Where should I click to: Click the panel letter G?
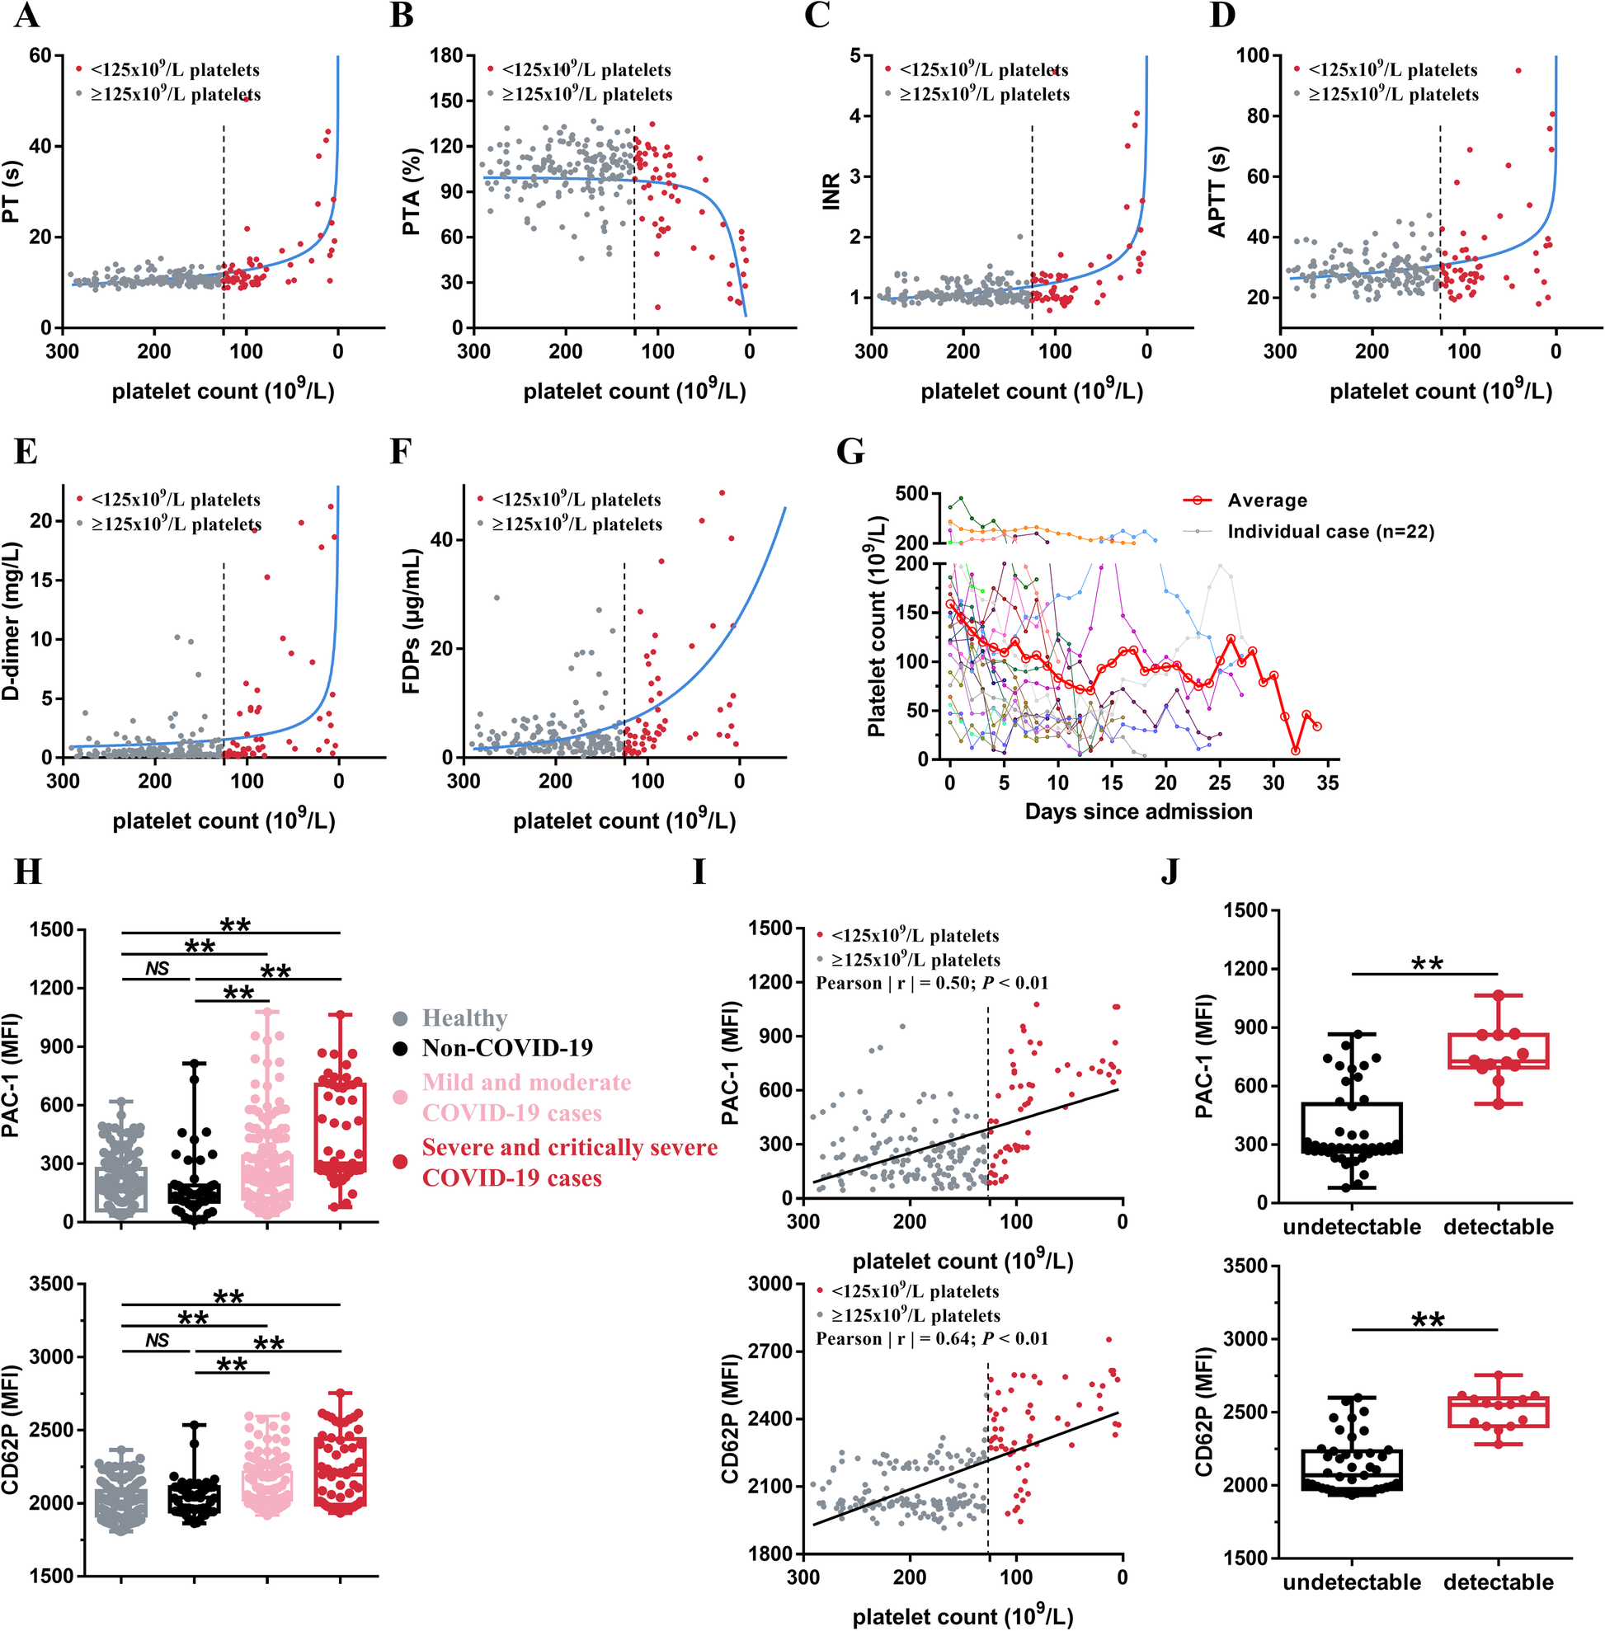pyautogui.click(x=850, y=453)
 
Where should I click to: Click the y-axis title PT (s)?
pyautogui.click(x=12, y=192)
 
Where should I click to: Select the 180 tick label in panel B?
pyautogui.click(x=447, y=55)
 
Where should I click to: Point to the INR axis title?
pyautogui.click(x=831, y=191)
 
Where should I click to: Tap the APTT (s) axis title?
pyautogui.click(x=1217, y=192)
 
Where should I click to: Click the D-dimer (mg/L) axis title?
pyautogui.click(x=12, y=622)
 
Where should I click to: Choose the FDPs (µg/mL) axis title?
pyautogui.click(x=412, y=621)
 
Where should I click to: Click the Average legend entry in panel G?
pyautogui.click(x=1266, y=501)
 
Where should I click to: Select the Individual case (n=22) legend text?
pyautogui.click(x=1330, y=532)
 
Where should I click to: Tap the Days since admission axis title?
pyautogui.click(x=1138, y=811)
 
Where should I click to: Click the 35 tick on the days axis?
pyautogui.click(x=1328, y=783)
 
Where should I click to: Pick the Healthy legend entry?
pyautogui.click(x=464, y=1018)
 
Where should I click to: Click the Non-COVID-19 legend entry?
pyautogui.click(x=506, y=1048)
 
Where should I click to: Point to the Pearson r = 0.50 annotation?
pyautogui.click(x=931, y=983)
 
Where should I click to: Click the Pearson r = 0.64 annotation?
pyautogui.click(x=931, y=1338)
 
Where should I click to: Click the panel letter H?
pyautogui.click(x=28, y=872)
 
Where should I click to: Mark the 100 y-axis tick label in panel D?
pyautogui.click(x=1253, y=55)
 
